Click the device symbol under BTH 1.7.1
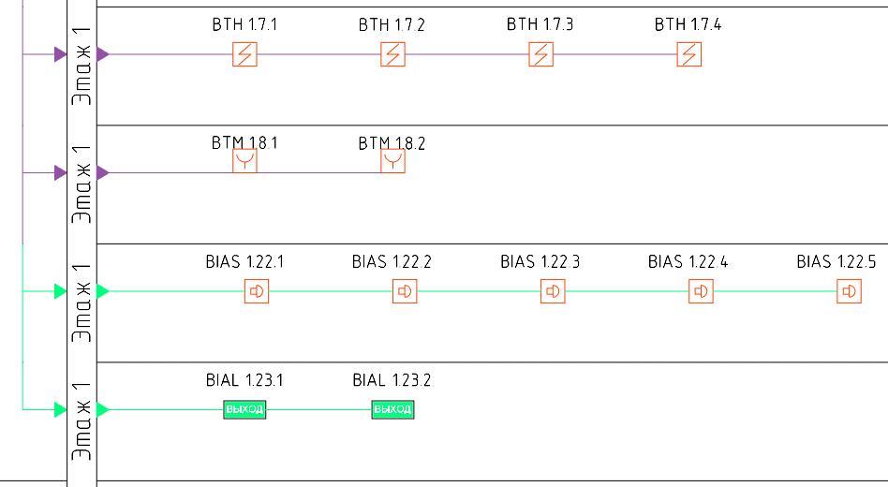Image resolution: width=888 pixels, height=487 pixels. (244, 54)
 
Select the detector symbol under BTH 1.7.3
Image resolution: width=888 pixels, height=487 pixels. (540, 54)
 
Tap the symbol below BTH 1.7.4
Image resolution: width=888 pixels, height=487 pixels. (688, 54)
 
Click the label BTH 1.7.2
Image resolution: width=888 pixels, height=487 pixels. (392, 25)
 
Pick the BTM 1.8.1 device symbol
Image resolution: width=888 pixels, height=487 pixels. (244, 162)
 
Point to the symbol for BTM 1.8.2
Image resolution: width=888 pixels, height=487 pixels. (392, 162)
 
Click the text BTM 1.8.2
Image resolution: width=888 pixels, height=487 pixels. (392, 144)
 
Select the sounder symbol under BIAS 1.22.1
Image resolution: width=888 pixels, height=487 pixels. (257, 291)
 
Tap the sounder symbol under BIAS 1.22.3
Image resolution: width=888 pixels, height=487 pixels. (553, 291)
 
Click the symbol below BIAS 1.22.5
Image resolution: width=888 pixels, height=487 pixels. (849, 291)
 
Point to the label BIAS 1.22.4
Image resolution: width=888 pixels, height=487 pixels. (688, 262)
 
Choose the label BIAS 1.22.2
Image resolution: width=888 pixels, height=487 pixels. (392, 262)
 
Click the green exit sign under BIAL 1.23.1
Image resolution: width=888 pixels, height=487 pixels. (244, 409)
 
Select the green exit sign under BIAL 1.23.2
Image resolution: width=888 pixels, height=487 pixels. (392, 409)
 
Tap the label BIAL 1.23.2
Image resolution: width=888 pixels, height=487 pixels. (392, 380)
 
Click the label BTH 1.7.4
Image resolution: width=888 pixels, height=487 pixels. (688, 25)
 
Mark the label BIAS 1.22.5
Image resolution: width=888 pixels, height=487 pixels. (836, 262)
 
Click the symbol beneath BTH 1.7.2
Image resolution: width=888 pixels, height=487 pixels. (392, 54)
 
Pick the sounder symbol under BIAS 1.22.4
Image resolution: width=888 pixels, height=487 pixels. (701, 291)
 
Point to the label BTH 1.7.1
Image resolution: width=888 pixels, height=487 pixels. (244, 25)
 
